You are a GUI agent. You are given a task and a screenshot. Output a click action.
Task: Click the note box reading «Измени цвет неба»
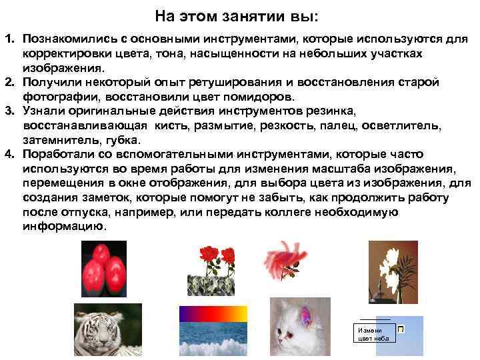click(371, 334)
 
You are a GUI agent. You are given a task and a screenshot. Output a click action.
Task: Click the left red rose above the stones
click(209, 256)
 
